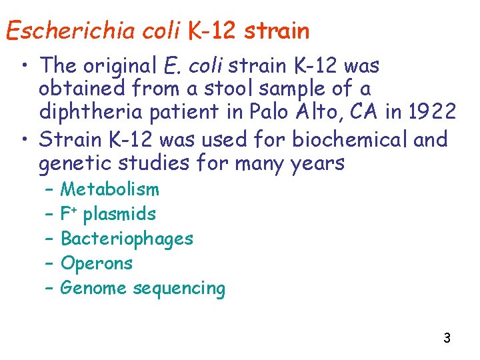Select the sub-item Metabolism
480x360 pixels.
(x=110, y=189)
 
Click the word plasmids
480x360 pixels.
(x=119, y=214)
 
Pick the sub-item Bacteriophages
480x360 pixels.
(x=127, y=239)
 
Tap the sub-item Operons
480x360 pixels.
(x=97, y=263)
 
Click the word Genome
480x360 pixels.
(x=94, y=288)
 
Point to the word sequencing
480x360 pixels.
(x=179, y=288)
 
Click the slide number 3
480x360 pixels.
(x=447, y=338)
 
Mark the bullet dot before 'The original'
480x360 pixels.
(x=25, y=66)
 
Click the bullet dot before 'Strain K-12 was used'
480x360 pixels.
(x=25, y=140)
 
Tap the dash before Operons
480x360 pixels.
(x=50, y=263)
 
